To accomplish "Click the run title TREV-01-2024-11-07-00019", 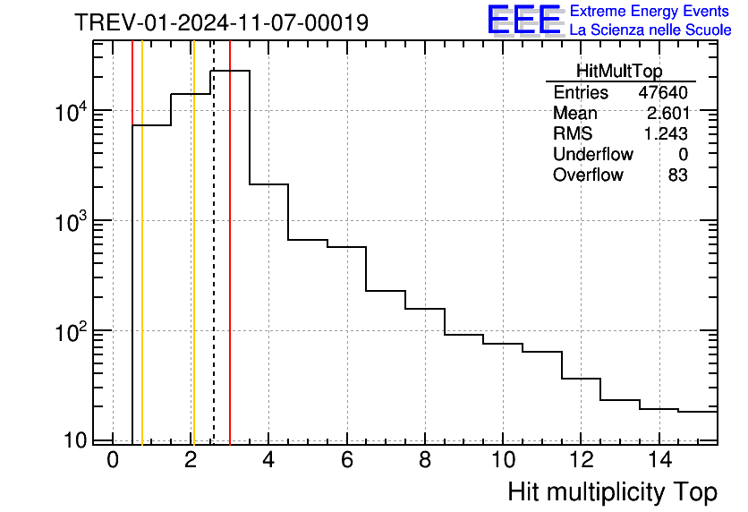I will pos(221,23).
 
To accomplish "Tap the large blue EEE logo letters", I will pos(524,21).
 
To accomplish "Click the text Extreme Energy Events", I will pos(650,12).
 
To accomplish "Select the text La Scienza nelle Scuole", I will pos(650,30).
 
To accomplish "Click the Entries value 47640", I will pos(663,93).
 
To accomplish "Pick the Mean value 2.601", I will pos(667,114).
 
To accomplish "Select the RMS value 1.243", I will pos(667,133).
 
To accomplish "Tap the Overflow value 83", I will pos(677,175).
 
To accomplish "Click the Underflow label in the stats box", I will pos(592,154).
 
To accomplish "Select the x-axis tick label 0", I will pos(113,461).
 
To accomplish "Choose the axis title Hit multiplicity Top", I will pos(612,492).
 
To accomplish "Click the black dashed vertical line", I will pos(214,269).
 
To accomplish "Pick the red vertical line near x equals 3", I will pos(230,269).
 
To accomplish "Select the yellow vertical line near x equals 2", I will pos(192,269).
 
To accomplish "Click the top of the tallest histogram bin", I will pos(230,71).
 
